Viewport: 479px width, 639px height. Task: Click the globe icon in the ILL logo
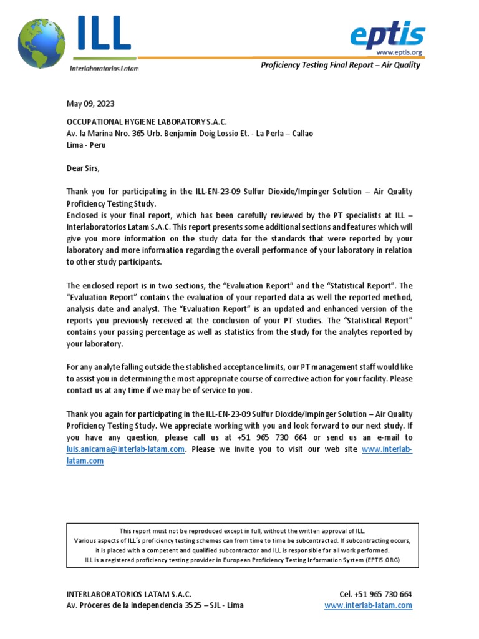41,43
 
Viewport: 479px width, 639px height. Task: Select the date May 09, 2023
90,104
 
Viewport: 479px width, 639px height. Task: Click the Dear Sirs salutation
83,168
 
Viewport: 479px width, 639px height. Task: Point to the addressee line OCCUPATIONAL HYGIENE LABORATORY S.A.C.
147,121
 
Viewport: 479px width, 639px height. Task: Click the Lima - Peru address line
86,145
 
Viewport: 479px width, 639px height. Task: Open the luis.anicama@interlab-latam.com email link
126,449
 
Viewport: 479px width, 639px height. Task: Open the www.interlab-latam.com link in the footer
368,605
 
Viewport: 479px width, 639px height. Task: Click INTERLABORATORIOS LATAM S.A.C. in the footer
129,594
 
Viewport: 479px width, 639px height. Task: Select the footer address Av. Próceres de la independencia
155,605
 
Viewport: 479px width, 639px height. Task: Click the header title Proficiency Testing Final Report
340,65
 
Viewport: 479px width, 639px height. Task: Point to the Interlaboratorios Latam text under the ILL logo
104,67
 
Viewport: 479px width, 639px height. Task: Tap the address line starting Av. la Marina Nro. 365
190,133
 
